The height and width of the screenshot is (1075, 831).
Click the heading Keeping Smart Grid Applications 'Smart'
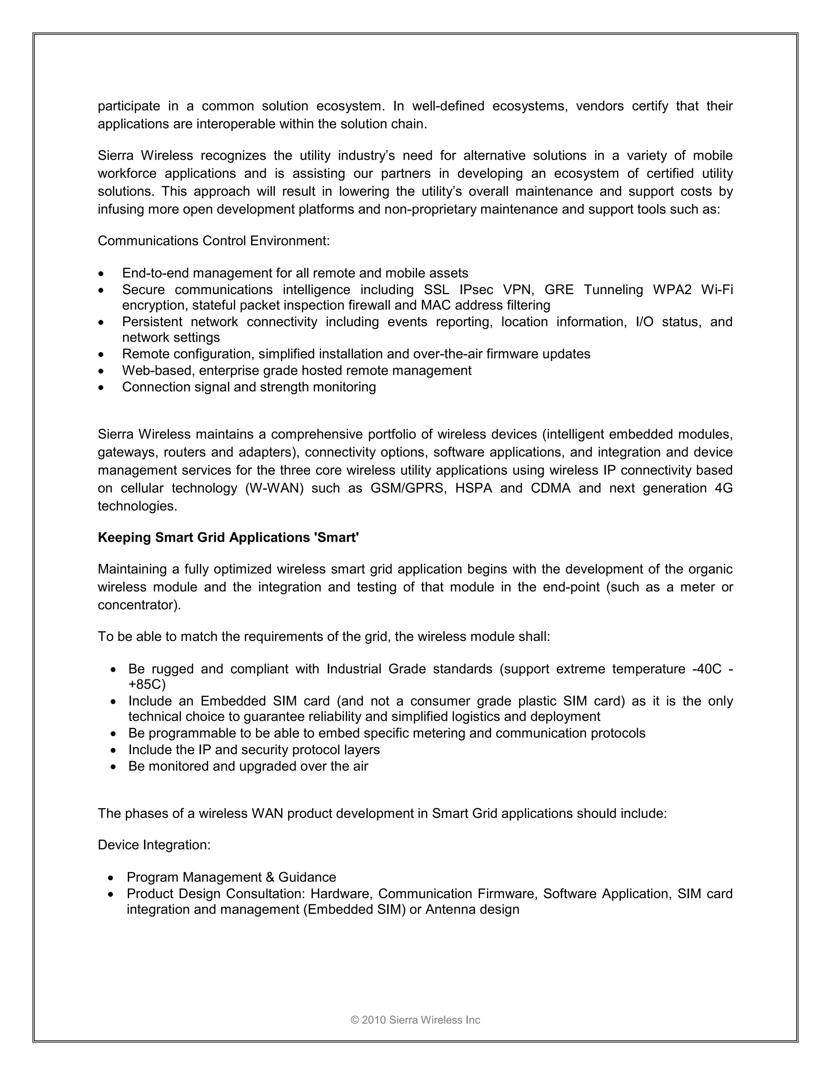228,537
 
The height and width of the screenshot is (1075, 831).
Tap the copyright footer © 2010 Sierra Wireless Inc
415,1020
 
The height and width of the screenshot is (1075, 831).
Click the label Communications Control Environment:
214,241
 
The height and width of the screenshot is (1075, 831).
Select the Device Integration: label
154,845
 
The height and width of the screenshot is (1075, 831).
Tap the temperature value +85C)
147,685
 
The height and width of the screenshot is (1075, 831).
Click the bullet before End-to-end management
101,273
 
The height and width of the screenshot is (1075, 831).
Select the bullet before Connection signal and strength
101,387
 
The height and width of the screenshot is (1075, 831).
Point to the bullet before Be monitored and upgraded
113,766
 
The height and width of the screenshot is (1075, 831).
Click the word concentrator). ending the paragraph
139,604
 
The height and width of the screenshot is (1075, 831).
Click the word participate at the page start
129,106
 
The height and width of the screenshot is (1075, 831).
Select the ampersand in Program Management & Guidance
269,877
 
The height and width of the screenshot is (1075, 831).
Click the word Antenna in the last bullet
449,909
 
